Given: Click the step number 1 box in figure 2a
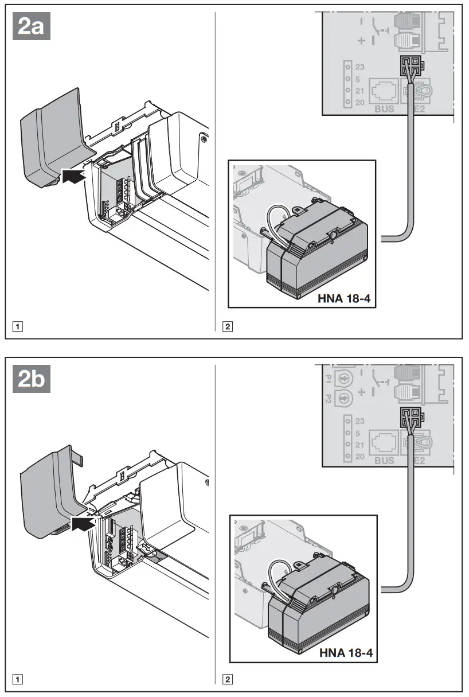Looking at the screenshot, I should pyautogui.click(x=19, y=328).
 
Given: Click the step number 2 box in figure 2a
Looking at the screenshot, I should pyautogui.click(x=228, y=328).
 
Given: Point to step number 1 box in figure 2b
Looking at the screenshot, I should pyautogui.click(x=19, y=680).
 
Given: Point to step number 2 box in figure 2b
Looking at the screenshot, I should pyautogui.click(x=228, y=680).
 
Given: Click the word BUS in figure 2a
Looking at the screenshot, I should pyautogui.click(x=384, y=108).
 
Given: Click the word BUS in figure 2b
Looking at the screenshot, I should pyautogui.click(x=384, y=461).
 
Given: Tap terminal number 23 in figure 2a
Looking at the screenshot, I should pyautogui.click(x=360, y=67).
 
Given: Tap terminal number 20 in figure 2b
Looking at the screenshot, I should pyautogui.click(x=360, y=456).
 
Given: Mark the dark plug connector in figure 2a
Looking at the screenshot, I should pyautogui.click(x=412, y=65).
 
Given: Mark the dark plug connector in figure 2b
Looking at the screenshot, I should pyautogui.click(x=412, y=417).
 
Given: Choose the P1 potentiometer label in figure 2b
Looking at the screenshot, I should pyautogui.click(x=329, y=379).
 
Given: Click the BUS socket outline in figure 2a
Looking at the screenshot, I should pyautogui.click(x=384, y=91).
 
